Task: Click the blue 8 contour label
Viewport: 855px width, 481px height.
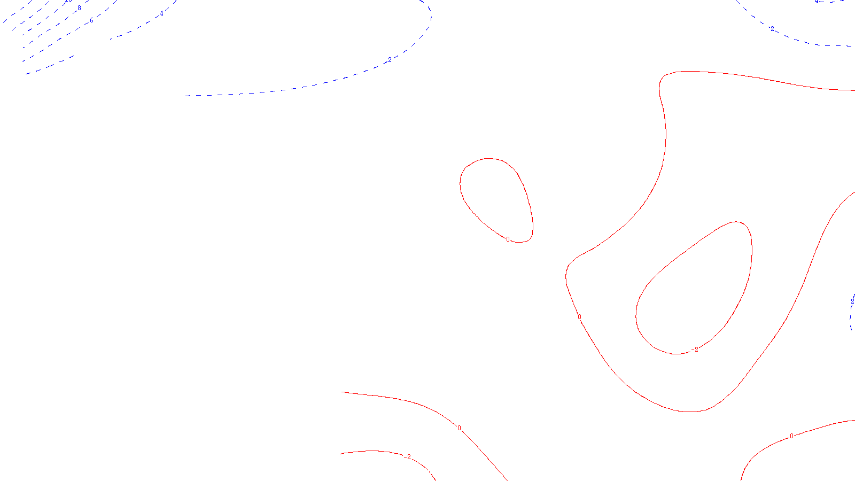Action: tap(79, 8)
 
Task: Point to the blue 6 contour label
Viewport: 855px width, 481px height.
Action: tap(91, 20)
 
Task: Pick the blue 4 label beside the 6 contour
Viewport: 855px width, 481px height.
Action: tap(161, 14)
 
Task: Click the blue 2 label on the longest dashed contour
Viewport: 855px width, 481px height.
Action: tap(390, 59)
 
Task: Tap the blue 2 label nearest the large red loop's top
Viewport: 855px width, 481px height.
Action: tap(772, 28)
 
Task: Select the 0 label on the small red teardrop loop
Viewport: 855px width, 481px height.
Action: tap(508, 239)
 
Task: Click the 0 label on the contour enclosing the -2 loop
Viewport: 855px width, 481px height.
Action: tap(579, 317)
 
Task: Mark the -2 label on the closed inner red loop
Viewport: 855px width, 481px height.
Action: tap(695, 350)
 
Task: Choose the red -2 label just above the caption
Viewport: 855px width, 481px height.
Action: tap(408, 457)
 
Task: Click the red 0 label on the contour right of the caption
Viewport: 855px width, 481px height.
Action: tap(459, 428)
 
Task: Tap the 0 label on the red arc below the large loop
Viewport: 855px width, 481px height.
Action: tap(791, 436)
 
